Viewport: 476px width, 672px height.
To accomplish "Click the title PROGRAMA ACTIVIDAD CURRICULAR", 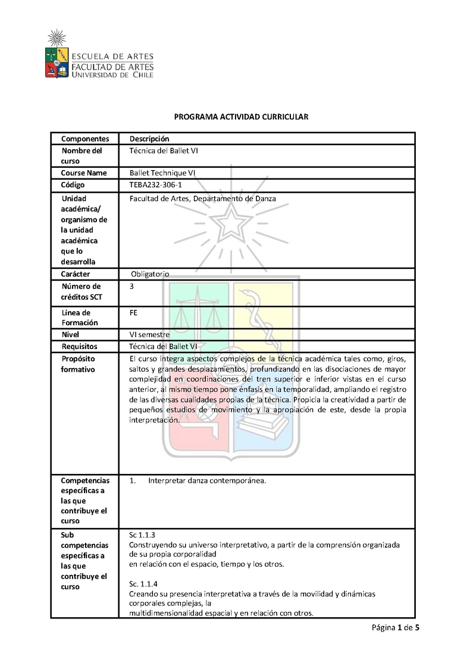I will (x=241, y=117).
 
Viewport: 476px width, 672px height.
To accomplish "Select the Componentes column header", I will (x=85, y=139).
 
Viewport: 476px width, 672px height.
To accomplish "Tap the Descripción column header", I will (x=149, y=139).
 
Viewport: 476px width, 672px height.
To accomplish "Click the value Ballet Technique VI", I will (x=162, y=173).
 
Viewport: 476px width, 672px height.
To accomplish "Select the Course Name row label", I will (x=84, y=173).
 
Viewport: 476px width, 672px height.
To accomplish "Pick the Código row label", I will (x=73, y=185).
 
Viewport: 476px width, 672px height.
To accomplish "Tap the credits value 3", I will (x=131, y=286).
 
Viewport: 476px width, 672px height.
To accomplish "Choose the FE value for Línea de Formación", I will (x=133, y=312).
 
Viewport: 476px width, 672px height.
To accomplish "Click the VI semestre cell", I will (x=149, y=335).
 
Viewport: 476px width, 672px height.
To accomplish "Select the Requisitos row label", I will (x=79, y=346).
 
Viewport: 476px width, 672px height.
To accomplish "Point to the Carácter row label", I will (x=76, y=274).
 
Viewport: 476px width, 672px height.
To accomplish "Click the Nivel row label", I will (x=70, y=335).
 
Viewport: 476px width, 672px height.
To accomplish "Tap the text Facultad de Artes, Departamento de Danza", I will (x=202, y=198).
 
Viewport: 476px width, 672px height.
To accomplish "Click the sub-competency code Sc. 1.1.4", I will (x=143, y=583).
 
